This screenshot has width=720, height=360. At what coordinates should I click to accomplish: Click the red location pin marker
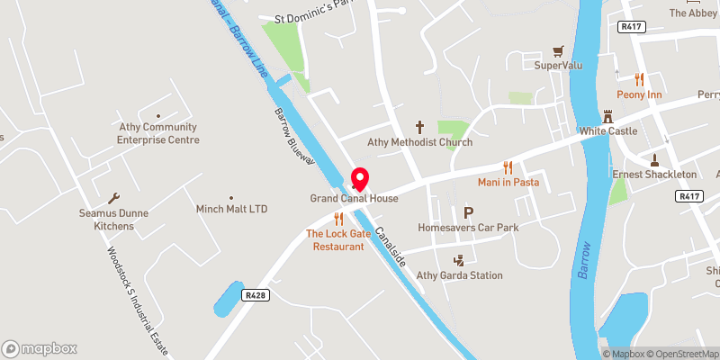pos(361,177)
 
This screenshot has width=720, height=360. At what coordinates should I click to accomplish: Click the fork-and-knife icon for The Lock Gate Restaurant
pos(339,219)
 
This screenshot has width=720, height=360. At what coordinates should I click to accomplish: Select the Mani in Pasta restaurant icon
pos(508,166)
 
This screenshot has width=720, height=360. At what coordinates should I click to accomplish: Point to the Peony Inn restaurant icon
pos(640,79)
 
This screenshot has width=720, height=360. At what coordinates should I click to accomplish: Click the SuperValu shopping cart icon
pos(559,51)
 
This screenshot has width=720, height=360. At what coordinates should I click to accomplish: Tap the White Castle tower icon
pos(608,117)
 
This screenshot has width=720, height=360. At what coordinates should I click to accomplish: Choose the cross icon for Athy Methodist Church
pos(419,128)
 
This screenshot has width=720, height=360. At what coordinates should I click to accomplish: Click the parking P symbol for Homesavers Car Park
pos(468,213)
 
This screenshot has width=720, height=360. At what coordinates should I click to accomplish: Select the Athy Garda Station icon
pos(460,260)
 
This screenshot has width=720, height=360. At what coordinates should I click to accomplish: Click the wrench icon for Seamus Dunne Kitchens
pos(112,198)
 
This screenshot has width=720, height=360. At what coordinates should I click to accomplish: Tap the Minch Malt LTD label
pos(232,209)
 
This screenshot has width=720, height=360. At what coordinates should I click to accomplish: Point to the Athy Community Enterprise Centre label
pos(158,133)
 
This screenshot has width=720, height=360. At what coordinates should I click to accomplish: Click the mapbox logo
pos(40,348)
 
